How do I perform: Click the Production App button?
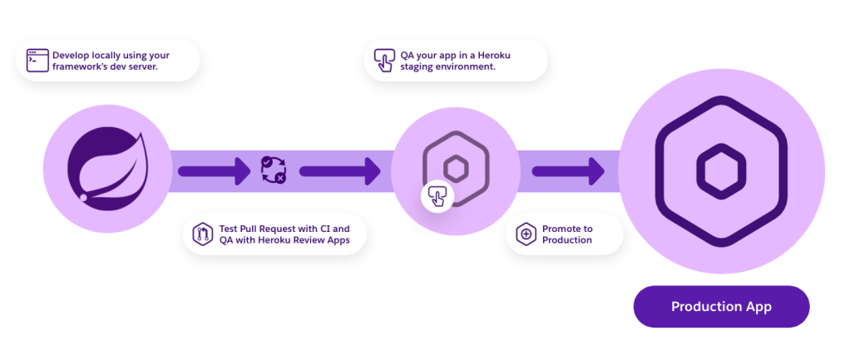click(x=721, y=306)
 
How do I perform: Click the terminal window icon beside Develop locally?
click(x=37, y=61)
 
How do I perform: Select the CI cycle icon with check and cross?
click(x=273, y=169)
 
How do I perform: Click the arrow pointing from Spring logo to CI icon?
click(x=214, y=171)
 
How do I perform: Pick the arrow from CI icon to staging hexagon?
click(x=340, y=171)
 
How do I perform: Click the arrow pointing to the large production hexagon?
click(x=567, y=171)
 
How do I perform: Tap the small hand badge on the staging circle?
click(x=437, y=195)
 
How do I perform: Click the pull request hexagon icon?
click(x=202, y=234)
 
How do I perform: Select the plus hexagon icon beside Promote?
click(x=526, y=234)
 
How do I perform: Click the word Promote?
click(x=560, y=229)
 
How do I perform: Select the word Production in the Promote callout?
click(x=567, y=239)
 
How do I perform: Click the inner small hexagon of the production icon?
click(x=721, y=168)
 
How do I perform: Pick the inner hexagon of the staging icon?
click(x=456, y=168)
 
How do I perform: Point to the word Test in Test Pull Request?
click(x=228, y=229)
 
